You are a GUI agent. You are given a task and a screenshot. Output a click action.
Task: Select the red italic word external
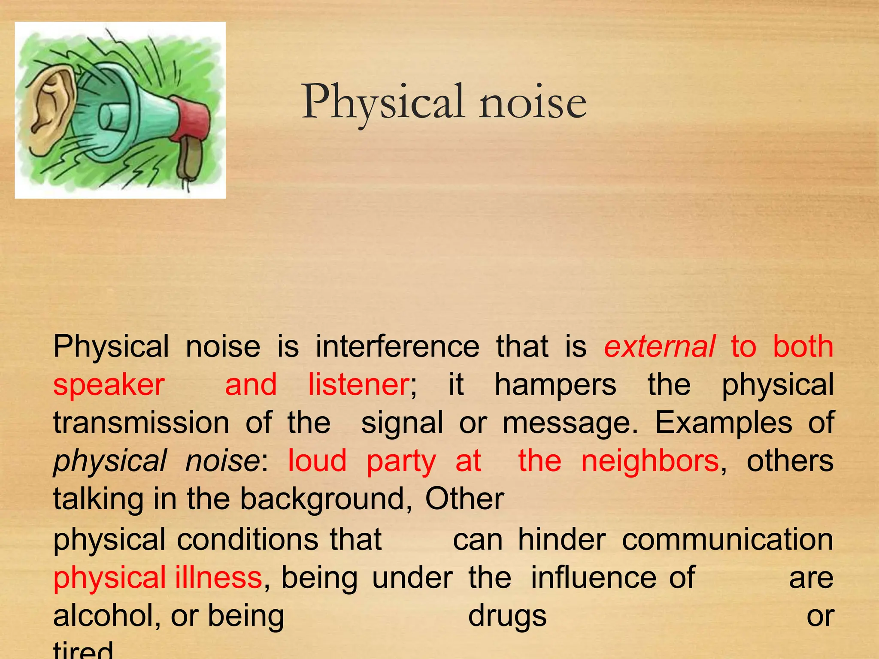pos(659,347)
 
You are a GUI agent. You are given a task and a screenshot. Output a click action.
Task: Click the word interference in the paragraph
pos(397,347)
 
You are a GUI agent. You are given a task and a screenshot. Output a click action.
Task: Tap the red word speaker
pos(109,385)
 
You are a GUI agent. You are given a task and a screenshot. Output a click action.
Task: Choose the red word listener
pos(359,385)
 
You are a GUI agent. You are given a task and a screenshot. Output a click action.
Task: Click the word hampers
pos(555,385)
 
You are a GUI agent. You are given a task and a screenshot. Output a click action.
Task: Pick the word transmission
pos(141,423)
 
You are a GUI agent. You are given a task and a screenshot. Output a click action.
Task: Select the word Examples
pos(723,423)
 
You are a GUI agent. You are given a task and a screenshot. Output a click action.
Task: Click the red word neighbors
pos(649,461)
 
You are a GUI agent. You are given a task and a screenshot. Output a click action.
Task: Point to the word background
pos(322,499)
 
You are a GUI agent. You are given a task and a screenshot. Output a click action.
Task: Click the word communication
pos(727,540)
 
